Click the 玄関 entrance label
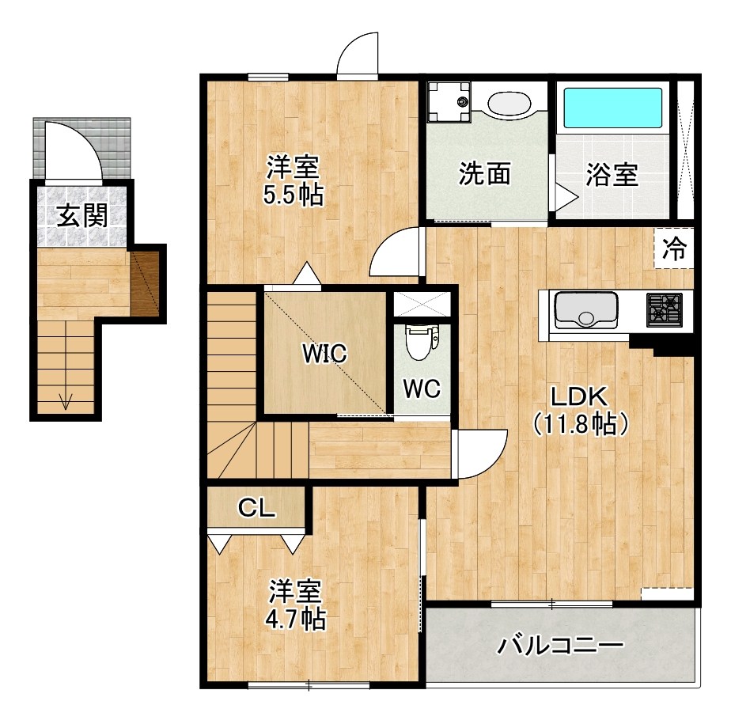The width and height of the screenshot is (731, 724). pos(82,215)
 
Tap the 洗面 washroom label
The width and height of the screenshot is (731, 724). pos(484,174)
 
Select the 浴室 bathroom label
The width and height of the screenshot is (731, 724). pos(612,174)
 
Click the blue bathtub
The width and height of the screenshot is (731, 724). pos(612,109)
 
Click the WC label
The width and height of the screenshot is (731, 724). pos(420,389)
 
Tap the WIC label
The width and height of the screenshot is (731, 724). pos(324,354)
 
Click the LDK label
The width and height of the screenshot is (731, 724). pos(579,396)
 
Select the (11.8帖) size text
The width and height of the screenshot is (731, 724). pos(580,425)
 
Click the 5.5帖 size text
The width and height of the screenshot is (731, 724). pos(294,195)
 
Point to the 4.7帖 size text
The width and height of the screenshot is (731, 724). pos(296,619)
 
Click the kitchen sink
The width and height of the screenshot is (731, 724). pos(585,309)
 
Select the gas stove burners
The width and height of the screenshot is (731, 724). pos(665,309)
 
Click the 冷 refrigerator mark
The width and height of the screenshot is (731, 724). pos(674,249)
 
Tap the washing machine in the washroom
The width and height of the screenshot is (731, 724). pos(449,102)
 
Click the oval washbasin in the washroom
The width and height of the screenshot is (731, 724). pos(508,103)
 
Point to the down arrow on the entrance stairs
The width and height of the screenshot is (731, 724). pos(66,401)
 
